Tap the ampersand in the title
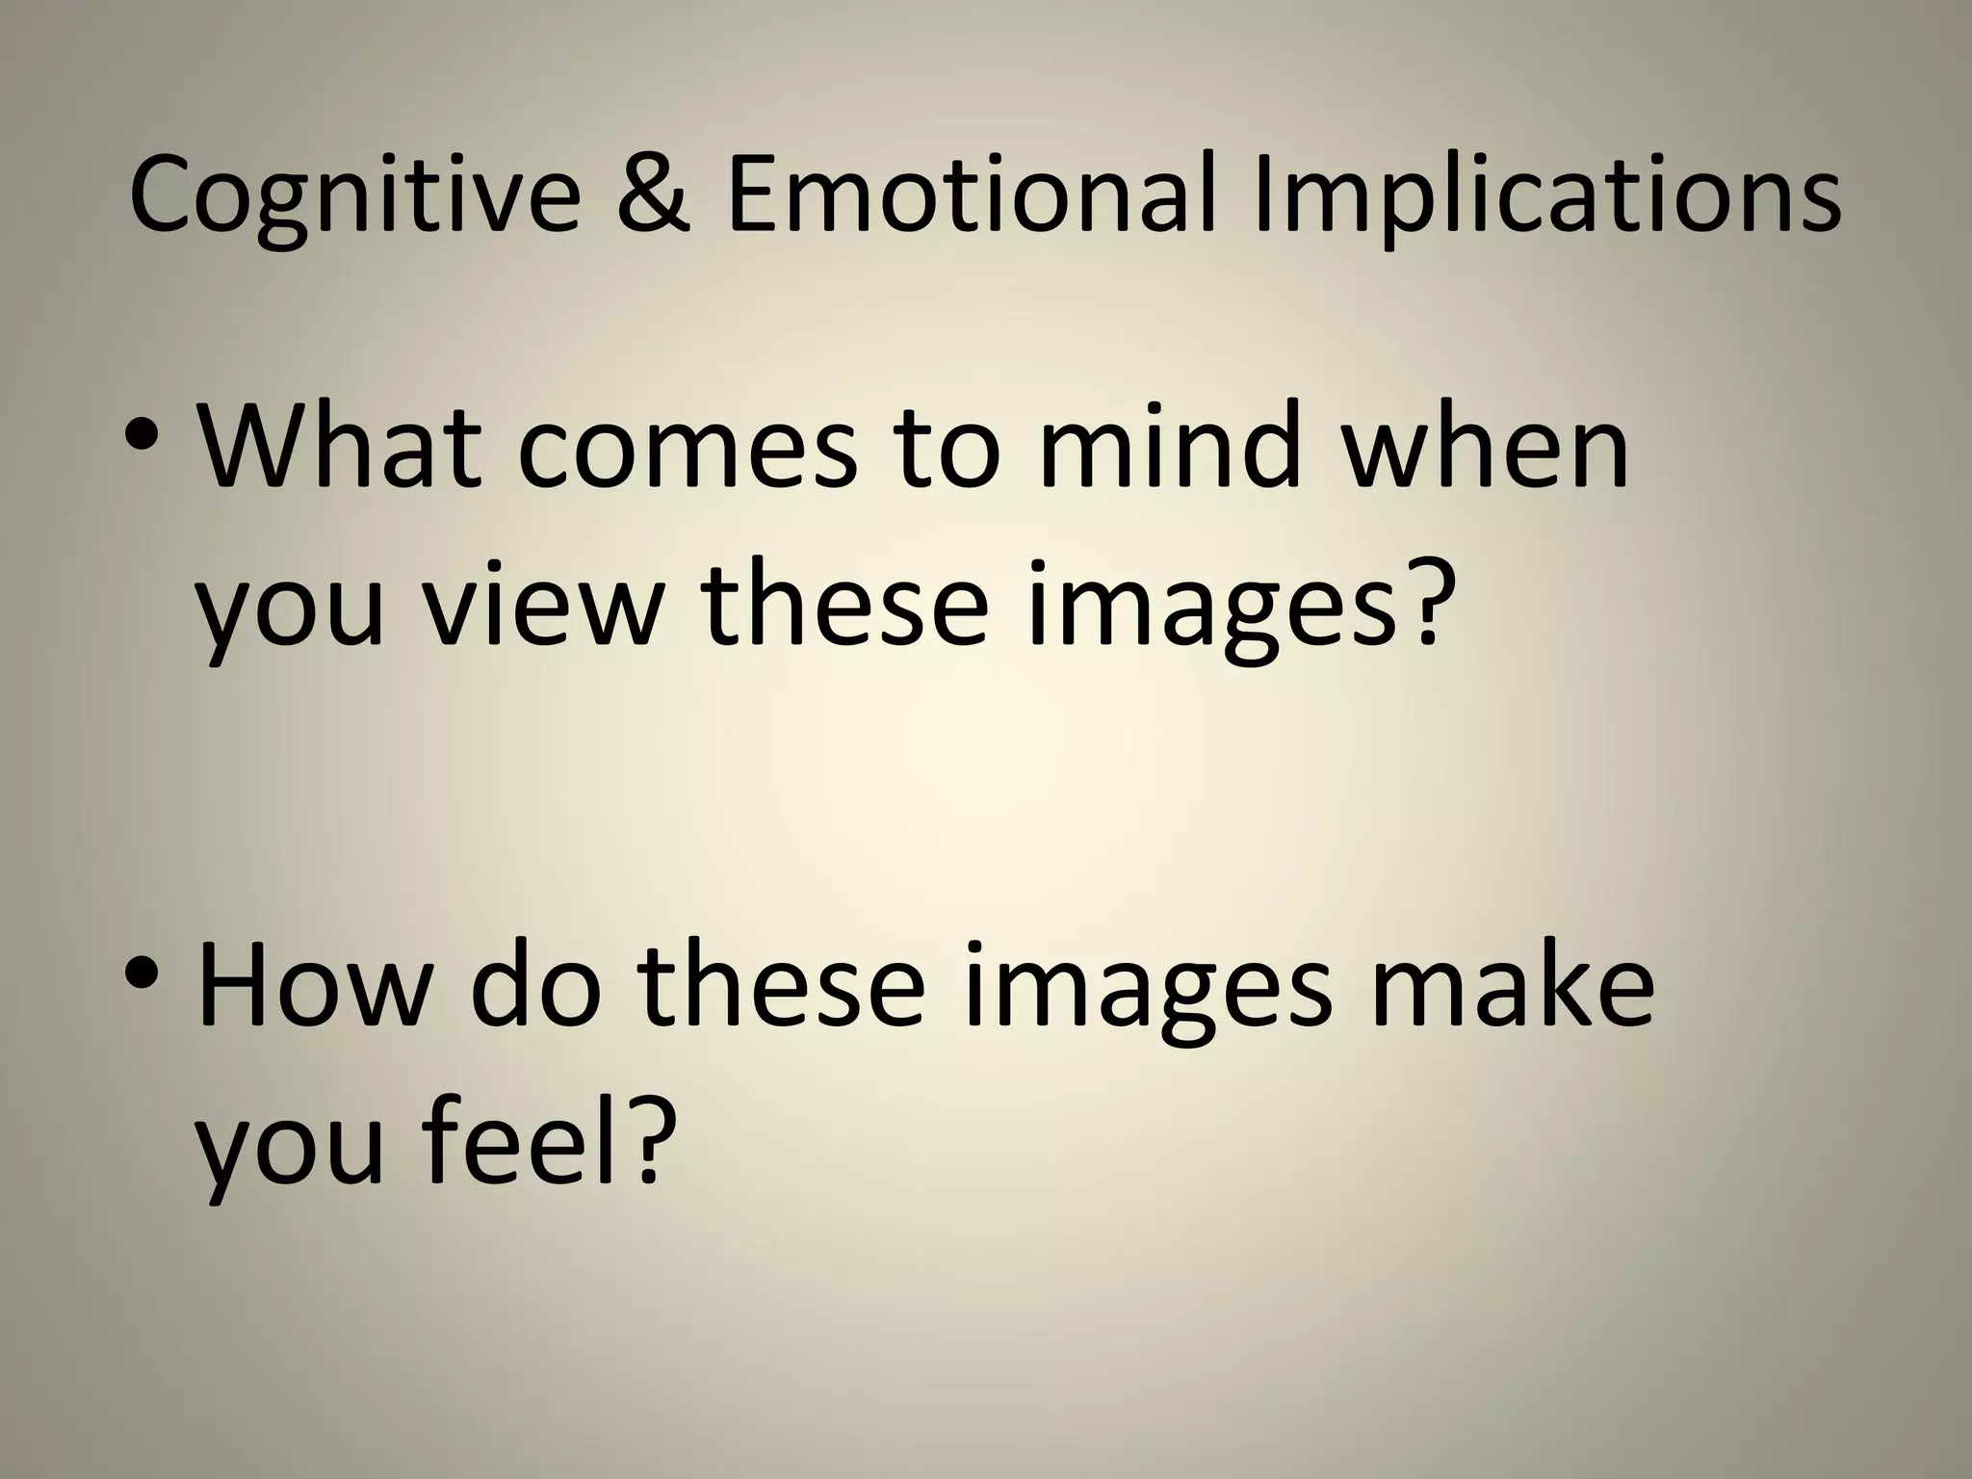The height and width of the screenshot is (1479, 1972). point(652,195)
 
